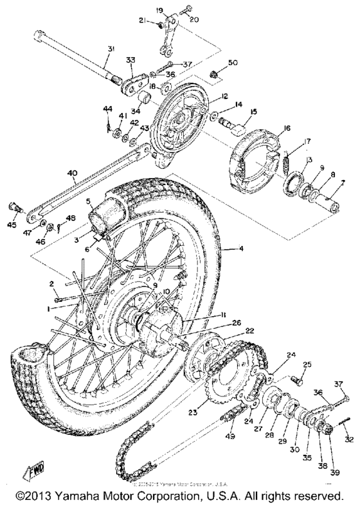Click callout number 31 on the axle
[x=111, y=50]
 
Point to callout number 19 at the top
[x=161, y=10]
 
